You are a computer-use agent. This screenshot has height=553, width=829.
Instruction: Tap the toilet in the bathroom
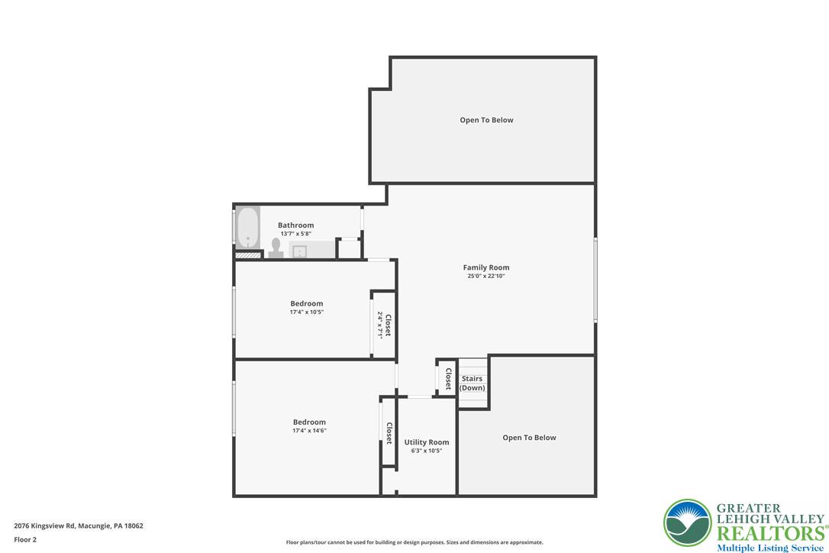[276, 247]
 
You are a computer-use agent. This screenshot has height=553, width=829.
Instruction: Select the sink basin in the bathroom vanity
[300, 251]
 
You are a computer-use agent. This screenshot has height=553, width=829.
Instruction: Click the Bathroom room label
[295, 225]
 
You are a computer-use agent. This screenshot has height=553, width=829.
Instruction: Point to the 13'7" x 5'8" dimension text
[295, 234]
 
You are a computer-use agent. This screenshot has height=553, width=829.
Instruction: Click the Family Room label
[486, 267]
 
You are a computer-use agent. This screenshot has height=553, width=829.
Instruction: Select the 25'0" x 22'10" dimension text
[486, 276]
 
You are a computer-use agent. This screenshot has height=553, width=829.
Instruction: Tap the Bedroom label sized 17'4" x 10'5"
[306, 303]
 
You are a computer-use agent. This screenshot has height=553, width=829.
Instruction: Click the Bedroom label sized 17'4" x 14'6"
[309, 422]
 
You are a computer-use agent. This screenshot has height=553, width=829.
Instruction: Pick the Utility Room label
[427, 442]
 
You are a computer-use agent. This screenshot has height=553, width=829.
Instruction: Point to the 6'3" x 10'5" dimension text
[427, 451]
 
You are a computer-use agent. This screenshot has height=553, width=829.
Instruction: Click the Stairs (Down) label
[473, 383]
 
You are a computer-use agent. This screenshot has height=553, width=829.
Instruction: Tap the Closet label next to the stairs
[448, 380]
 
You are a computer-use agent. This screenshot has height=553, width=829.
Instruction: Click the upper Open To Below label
[486, 120]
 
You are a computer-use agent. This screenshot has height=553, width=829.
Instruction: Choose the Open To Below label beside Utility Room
[529, 438]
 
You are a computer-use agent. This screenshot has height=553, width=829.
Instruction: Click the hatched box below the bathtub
[248, 254]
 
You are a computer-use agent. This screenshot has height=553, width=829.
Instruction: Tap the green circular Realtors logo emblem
[688, 523]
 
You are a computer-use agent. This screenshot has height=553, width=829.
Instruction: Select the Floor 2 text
[25, 539]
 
